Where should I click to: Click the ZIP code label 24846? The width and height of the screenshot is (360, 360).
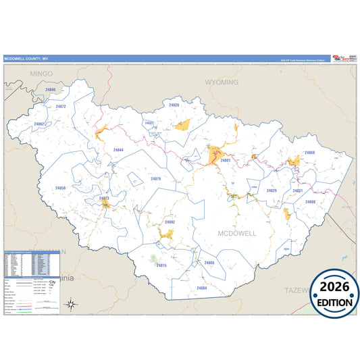point(51,89)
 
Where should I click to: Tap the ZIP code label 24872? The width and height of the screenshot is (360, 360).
point(61,107)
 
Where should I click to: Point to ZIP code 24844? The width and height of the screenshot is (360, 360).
point(118,149)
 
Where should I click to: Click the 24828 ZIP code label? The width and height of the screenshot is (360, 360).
point(174,105)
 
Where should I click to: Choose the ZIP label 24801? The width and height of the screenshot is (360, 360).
point(226,160)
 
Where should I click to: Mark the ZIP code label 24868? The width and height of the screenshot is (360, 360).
point(309,153)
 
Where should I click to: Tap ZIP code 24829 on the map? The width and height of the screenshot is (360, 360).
point(272,191)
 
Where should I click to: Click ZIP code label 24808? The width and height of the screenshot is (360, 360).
point(310,202)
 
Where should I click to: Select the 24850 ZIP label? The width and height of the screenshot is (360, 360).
point(61,188)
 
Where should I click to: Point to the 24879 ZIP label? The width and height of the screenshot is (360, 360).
point(156,179)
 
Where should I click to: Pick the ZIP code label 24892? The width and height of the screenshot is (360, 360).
point(170,222)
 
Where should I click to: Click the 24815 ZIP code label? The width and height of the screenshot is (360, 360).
point(161,265)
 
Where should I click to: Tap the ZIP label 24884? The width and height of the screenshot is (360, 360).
point(201,288)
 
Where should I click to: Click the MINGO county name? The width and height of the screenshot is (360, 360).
point(22,73)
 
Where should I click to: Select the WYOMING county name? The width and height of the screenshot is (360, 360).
point(222,82)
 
